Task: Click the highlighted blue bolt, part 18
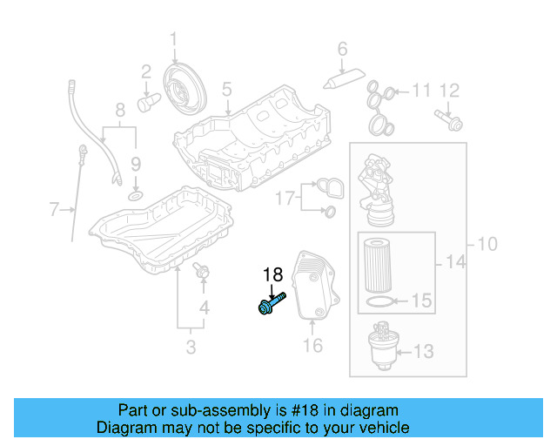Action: point(271,304)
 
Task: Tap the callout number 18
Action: point(272,276)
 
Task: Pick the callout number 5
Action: point(226,88)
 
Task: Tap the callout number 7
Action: point(54,209)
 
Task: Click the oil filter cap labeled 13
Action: point(382,341)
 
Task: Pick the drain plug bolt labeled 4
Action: point(203,273)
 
